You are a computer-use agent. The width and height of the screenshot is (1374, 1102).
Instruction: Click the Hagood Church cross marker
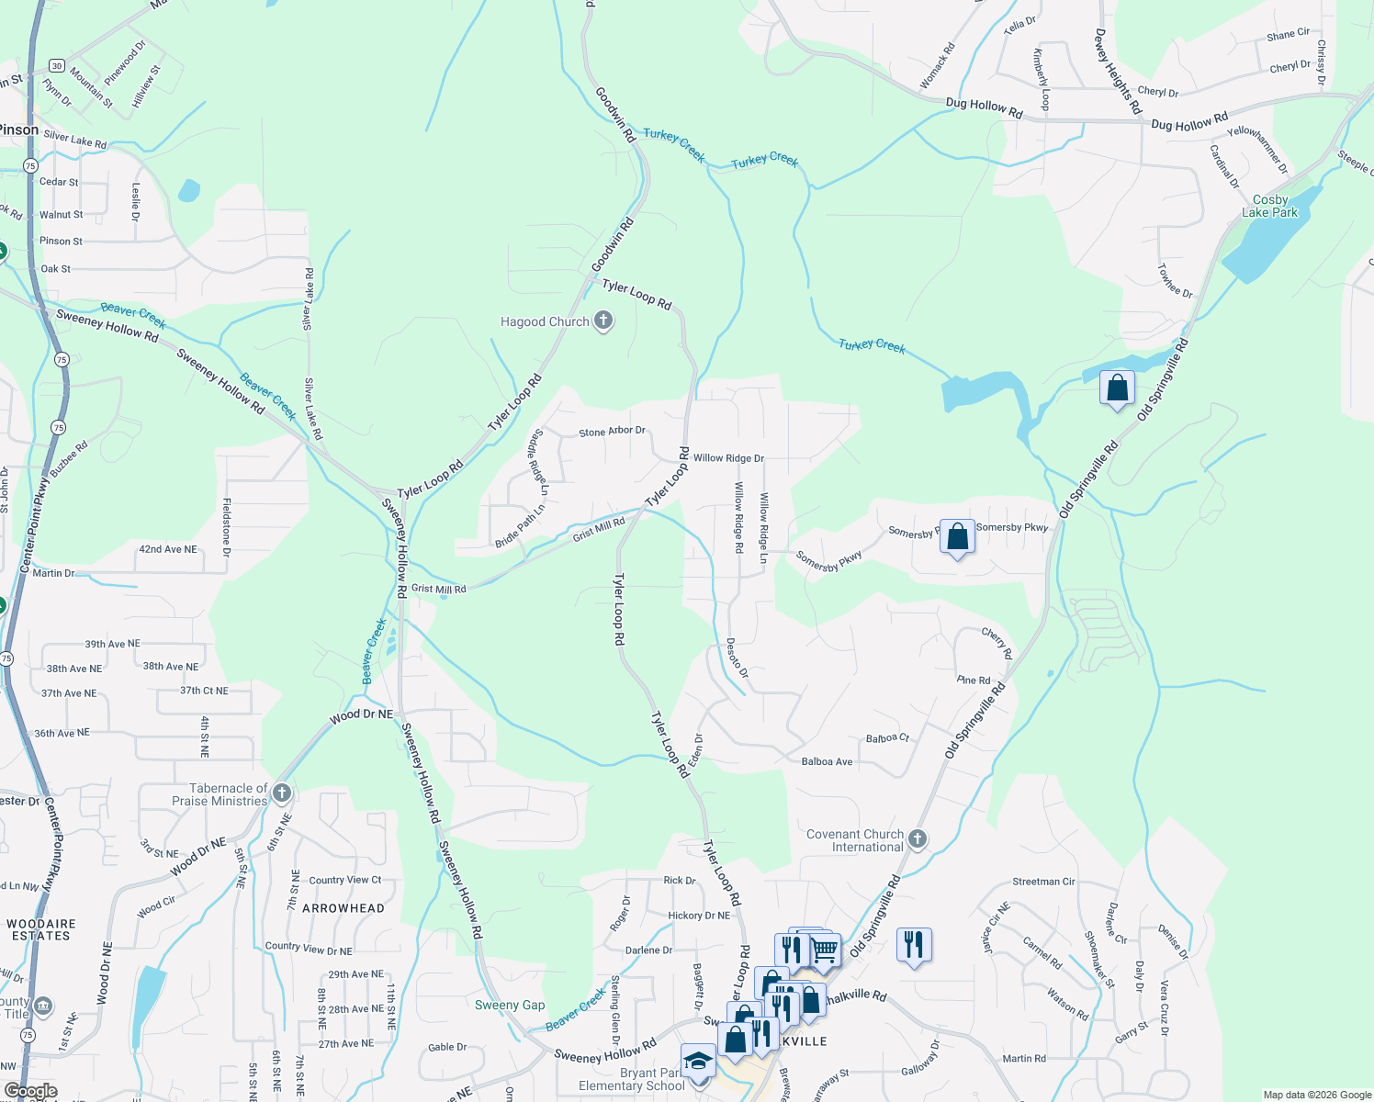pos(603,320)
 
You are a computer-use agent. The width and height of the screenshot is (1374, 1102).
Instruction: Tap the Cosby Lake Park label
pos(1270,206)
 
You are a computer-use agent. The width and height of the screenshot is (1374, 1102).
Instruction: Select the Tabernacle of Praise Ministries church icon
pos(282,793)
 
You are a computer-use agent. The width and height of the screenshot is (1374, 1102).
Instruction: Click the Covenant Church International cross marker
pos(917,838)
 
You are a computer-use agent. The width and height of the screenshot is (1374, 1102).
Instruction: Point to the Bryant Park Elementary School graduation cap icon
pos(698,1061)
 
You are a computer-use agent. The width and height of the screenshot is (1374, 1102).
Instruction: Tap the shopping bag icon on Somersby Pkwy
pos(957,536)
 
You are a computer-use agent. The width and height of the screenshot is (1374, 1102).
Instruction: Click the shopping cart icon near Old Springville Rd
pos(824,950)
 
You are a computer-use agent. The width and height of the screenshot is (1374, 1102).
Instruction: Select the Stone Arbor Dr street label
pos(612,432)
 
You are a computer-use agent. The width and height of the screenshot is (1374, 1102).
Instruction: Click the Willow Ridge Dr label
pos(728,458)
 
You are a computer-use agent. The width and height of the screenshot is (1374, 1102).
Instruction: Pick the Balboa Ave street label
pos(827,761)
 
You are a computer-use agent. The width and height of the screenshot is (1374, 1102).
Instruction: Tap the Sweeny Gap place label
pos(510,1005)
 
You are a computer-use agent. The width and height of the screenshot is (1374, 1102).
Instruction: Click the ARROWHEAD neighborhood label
pos(343,908)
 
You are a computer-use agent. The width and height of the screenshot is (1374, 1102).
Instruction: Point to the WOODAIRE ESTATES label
pos(41,929)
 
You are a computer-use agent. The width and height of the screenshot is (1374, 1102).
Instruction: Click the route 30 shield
pos(57,66)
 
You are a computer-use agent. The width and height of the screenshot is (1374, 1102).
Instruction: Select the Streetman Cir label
pos(1043,882)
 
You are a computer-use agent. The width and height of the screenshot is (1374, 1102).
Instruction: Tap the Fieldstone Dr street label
pos(227,527)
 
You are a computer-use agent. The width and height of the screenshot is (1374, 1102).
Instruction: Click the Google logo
pos(30,1091)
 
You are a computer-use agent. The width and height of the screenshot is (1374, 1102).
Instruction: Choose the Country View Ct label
pos(345,880)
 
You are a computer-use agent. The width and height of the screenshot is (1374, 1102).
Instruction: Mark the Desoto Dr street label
pos(738,658)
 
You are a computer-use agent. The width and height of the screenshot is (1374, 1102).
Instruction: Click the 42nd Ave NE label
pos(168,549)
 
